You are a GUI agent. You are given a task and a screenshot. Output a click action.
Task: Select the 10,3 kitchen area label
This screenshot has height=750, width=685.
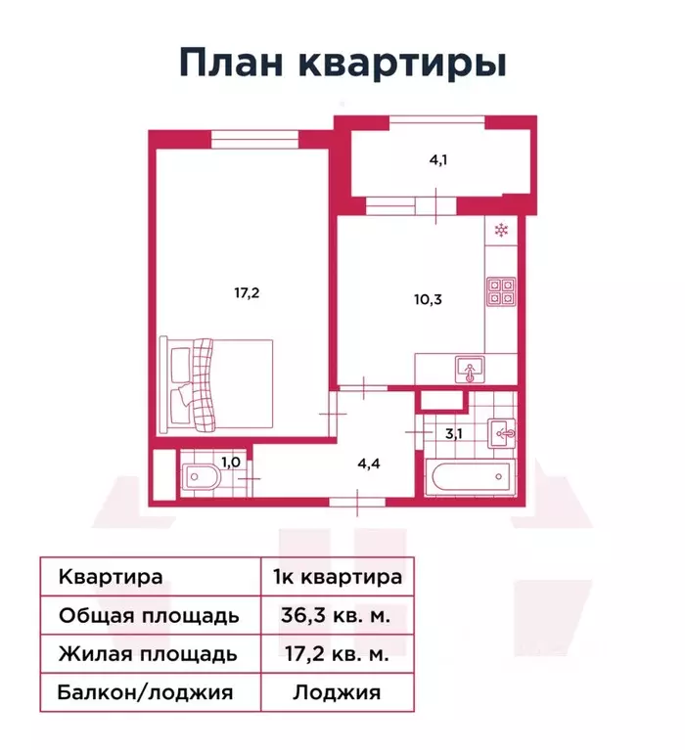coord(428,299)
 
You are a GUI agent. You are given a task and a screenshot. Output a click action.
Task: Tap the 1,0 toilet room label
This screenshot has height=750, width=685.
coord(230,462)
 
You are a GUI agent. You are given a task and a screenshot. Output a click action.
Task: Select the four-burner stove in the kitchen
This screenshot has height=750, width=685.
coord(502,290)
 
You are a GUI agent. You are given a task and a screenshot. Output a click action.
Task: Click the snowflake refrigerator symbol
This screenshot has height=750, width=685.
coord(502,232)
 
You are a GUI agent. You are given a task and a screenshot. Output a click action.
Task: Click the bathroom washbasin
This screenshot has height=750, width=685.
coord(502,430)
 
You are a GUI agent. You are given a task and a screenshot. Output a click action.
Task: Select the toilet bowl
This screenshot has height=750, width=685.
coord(202,479)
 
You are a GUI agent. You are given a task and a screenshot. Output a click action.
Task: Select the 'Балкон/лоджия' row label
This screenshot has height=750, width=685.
coord(146,693)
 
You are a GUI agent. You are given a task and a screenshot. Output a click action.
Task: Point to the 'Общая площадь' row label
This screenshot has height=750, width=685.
coord(149,616)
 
